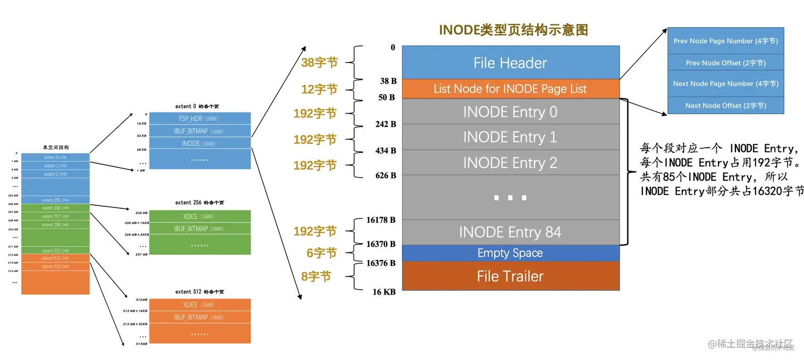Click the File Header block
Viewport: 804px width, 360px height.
pos(510,63)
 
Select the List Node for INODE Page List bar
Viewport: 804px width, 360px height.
pos(510,89)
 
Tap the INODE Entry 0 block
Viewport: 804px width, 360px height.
pos(510,112)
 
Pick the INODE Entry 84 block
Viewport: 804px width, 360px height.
pos(510,232)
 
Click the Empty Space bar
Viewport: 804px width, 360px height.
pos(510,253)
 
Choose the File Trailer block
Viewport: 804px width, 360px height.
pos(510,276)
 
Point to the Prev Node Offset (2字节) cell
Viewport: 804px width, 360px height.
pos(725,63)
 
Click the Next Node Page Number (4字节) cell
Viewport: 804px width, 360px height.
pos(725,83)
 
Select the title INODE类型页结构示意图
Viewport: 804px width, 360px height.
pos(513,30)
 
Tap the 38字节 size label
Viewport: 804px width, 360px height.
pos(320,63)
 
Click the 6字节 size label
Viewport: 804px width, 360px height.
pos(322,253)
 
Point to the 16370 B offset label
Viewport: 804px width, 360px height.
pos(381,244)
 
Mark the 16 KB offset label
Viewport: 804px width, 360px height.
pos(384,292)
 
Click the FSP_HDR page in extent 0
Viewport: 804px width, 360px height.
pos(199,119)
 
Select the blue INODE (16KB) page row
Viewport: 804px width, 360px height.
pos(199,144)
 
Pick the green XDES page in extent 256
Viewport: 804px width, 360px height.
pos(199,216)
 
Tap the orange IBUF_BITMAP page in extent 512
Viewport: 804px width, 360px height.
pos(199,317)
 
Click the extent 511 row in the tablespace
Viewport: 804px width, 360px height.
pos(55,250)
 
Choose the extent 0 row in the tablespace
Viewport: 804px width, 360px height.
pos(55,157)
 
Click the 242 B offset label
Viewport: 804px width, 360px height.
pos(386,124)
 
